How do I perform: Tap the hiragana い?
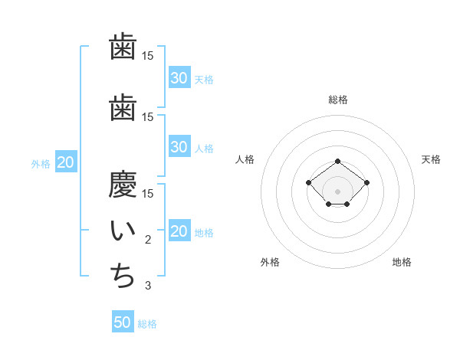pyautogui.click(x=123, y=231)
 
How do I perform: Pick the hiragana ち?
pyautogui.click(x=123, y=277)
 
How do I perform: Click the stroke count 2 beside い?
pyautogui.click(x=148, y=240)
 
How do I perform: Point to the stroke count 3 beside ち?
pyautogui.click(x=148, y=286)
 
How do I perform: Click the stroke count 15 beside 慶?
pyautogui.click(x=148, y=193)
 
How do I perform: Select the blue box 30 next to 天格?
pyautogui.click(x=179, y=78)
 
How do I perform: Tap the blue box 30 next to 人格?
pyautogui.click(x=179, y=147)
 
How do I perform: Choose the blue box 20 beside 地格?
pyautogui.click(x=179, y=232)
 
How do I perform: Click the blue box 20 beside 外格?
pyautogui.click(x=66, y=162)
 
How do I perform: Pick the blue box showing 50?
pyautogui.click(x=123, y=322)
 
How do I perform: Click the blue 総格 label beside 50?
pyautogui.click(x=147, y=324)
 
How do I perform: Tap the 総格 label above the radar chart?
pyautogui.click(x=338, y=100)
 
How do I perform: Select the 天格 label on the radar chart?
pyautogui.click(x=432, y=159)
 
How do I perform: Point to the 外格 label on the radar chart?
pyautogui.click(x=270, y=262)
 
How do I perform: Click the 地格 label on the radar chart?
pyautogui.click(x=402, y=262)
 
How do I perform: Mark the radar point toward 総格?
pyautogui.click(x=338, y=161)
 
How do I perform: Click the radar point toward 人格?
pyautogui.click(x=308, y=182)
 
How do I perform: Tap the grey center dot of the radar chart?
pyautogui.click(x=338, y=191)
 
